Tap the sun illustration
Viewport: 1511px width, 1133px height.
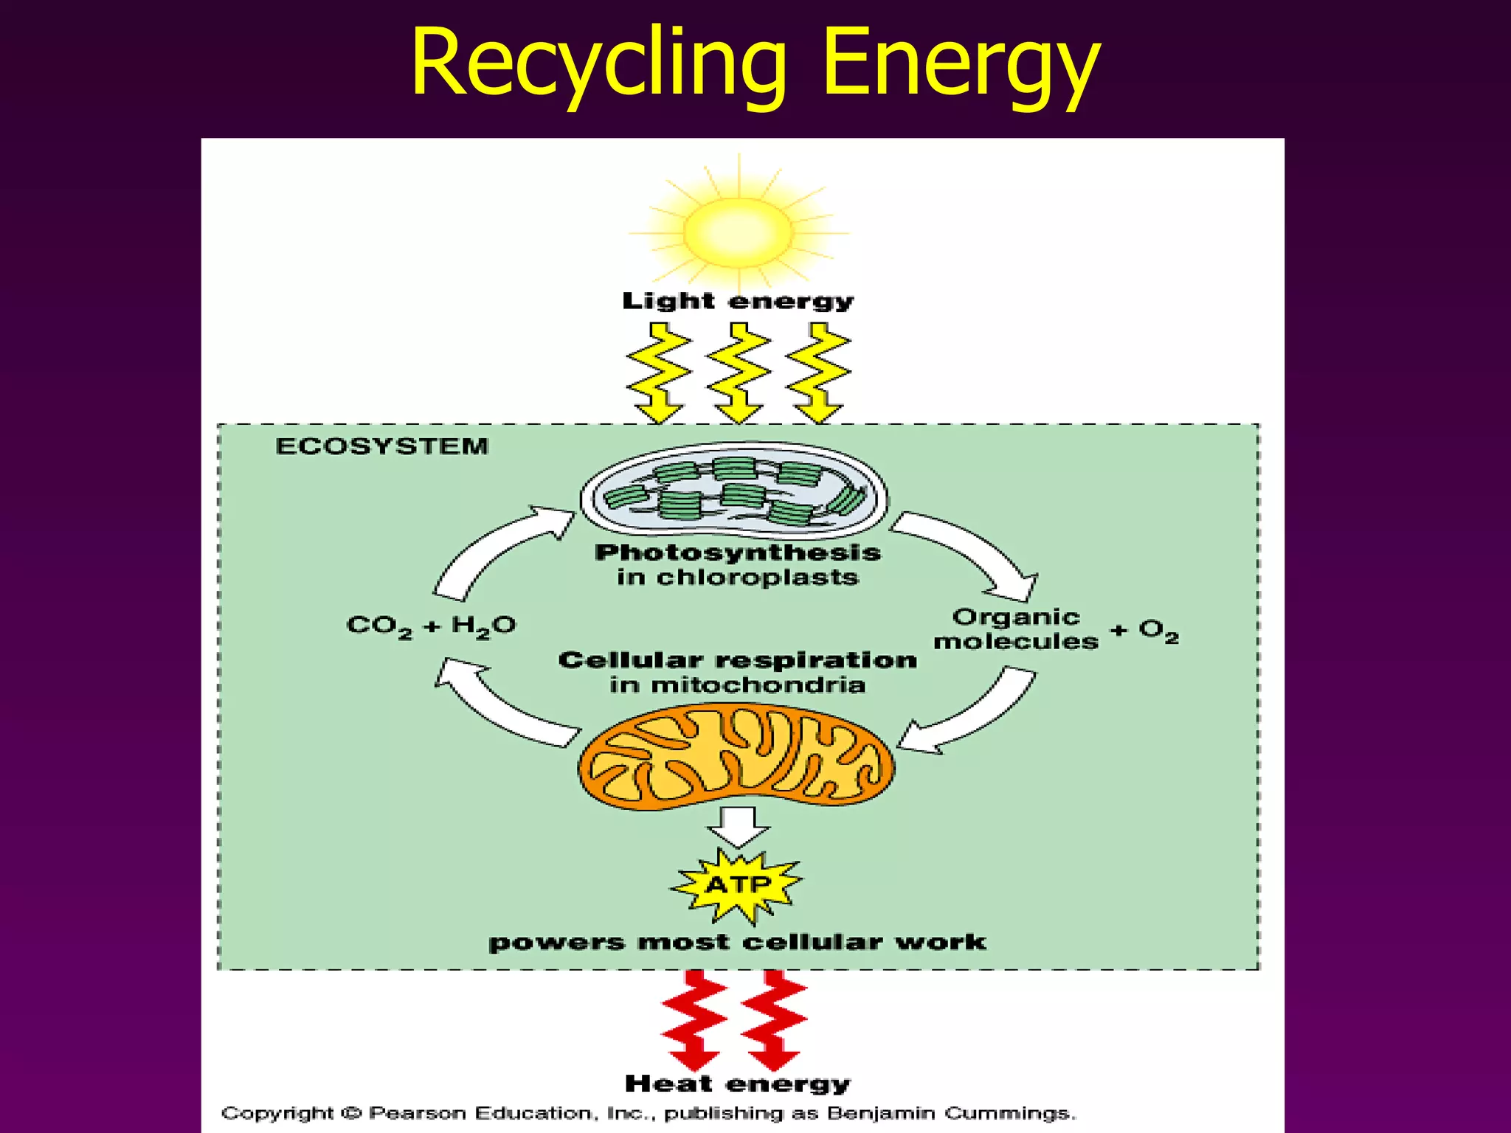coord(738,232)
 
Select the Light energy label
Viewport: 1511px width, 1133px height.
coord(738,302)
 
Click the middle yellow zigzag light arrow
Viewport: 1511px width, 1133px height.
coord(738,373)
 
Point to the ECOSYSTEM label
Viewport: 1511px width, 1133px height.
coord(381,446)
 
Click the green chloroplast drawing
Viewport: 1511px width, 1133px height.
coord(735,491)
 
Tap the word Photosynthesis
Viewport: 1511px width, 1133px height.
coord(738,552)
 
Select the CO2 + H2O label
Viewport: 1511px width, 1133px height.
coord(431,626)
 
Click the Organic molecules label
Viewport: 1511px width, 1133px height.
coord(1016,629)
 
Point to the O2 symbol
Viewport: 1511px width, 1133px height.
coord(1158,631)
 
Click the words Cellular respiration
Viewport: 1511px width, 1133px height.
coord(738,660)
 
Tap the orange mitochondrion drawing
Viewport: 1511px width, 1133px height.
coord(736,756)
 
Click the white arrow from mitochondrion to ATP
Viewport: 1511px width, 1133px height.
coord(738,825)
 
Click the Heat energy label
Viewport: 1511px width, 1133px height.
coord(738,1084)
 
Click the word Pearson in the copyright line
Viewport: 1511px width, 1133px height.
coord(418,1113)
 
